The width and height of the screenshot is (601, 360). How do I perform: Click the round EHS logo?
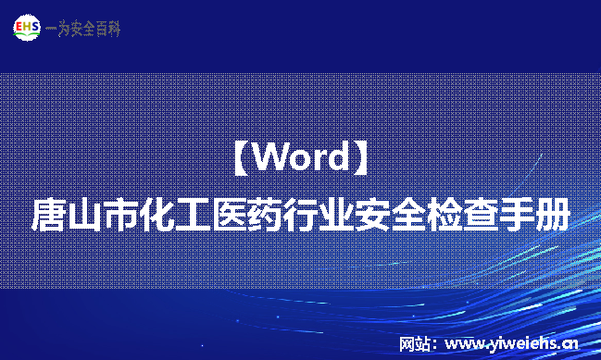coord(27,28)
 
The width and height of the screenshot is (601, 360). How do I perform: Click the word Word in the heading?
coord(300,157)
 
